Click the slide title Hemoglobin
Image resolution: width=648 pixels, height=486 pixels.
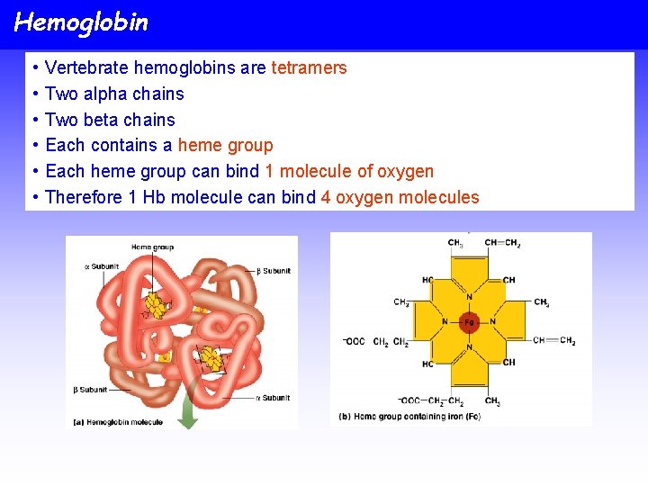point(81,22)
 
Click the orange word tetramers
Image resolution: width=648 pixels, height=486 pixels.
point(309,67)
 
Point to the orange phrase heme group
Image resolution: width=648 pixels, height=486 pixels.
point(225,145)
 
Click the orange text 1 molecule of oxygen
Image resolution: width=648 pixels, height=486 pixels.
point(349,171)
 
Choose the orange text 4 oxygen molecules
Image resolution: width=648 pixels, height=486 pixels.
point(400,197)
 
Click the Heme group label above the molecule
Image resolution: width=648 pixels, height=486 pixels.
point(152,247)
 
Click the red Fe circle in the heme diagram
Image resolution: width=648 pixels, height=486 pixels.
point(469,321)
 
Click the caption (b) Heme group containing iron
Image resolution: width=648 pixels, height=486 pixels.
point(409,417)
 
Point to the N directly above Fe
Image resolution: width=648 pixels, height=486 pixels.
point(469,297)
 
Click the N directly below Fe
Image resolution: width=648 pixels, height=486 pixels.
point(469,346)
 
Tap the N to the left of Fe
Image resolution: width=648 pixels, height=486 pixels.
point(445,321)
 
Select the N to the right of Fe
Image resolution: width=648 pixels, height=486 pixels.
point(493,321)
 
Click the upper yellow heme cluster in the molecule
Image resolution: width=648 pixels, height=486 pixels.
point(159,304)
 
